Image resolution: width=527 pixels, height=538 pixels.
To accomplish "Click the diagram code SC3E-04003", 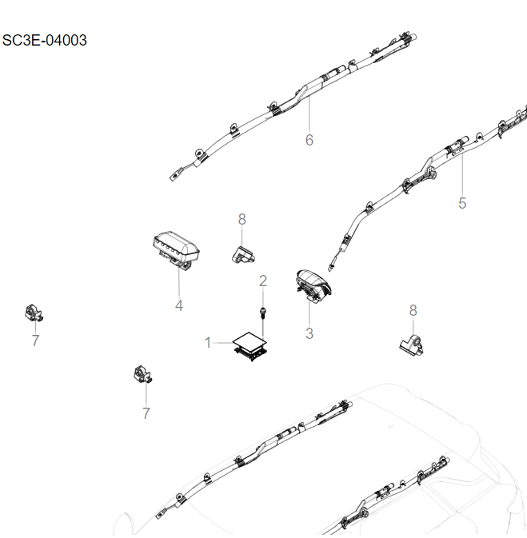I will (45, 41).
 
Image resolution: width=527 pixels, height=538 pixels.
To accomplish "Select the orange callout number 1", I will (208, 343).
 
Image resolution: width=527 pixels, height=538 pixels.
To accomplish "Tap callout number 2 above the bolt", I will (262, 281).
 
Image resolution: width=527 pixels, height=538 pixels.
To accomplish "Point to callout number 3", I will (309, 333).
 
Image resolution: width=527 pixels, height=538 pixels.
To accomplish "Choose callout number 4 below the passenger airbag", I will (179, 305).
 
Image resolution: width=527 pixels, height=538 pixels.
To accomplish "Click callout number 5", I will (462, 203).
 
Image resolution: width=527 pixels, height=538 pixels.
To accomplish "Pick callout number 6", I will (309, 141).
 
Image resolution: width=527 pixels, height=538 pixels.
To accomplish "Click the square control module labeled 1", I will (250, 346).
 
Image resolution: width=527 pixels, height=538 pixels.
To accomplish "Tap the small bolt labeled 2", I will (262, 313).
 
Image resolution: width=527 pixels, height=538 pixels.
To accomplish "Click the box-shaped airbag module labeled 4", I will (175, 249).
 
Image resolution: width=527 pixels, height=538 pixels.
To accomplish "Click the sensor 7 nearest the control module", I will (142, 375).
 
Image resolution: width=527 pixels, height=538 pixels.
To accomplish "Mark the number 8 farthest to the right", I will (413, 310).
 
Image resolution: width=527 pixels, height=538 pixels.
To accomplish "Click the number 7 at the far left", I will (34, 341).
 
